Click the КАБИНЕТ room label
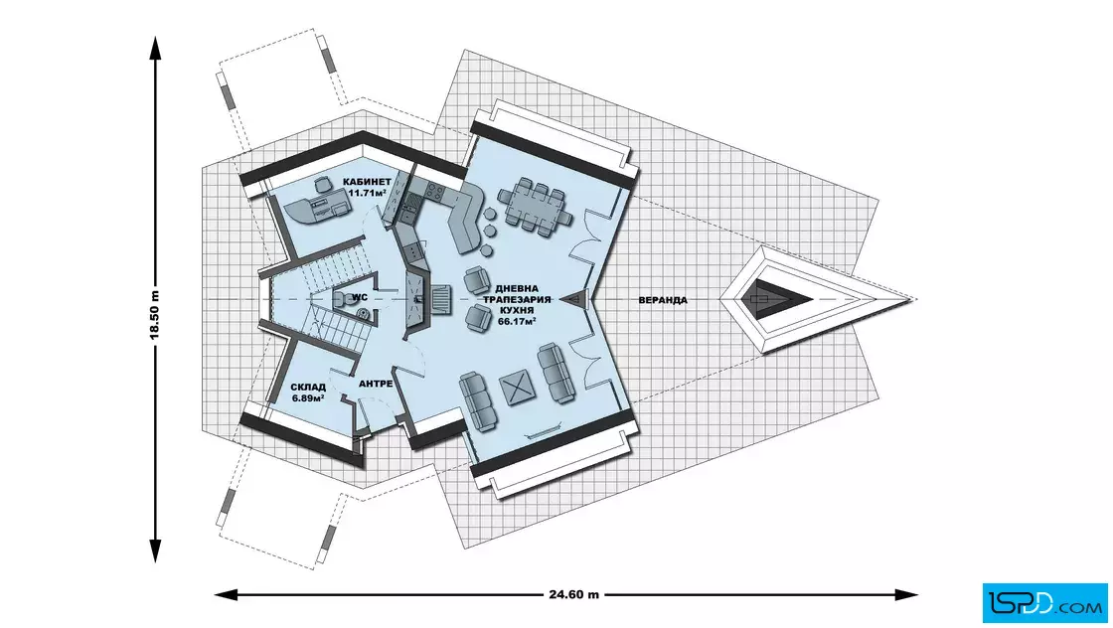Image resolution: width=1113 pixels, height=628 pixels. click(x=367, y=182)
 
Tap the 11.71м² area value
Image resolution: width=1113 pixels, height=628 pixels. click(x=367, y=193)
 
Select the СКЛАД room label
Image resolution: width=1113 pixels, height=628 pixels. click(x=308, y=388)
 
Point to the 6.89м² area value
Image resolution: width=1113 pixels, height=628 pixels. click(x=308, y=398)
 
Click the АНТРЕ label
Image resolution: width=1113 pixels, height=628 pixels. click(x=376, y=384)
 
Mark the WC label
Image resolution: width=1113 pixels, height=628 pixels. click(x=360, y=297)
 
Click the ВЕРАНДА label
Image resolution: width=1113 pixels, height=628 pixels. click(x=663, y=300)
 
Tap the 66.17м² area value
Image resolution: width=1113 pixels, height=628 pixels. click(x=517, y=321)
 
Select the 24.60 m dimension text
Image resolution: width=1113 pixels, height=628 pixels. click(x=573, y=594)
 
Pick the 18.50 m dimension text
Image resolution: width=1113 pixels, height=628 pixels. click(x=155, y=315)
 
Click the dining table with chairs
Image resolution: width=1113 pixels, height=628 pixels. click(x=535, y=204)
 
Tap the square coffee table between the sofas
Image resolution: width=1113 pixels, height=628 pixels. click(x=518, y=388)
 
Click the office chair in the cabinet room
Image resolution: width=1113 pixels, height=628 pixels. click(x=322, y=185)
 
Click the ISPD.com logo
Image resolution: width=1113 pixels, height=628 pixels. click(x=1044, y=602)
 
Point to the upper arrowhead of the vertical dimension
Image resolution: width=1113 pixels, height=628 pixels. click(x=155, y=47)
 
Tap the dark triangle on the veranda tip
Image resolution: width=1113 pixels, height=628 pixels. click(x=766, y=299)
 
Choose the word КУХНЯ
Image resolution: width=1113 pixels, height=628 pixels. click(x=517, y=311)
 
